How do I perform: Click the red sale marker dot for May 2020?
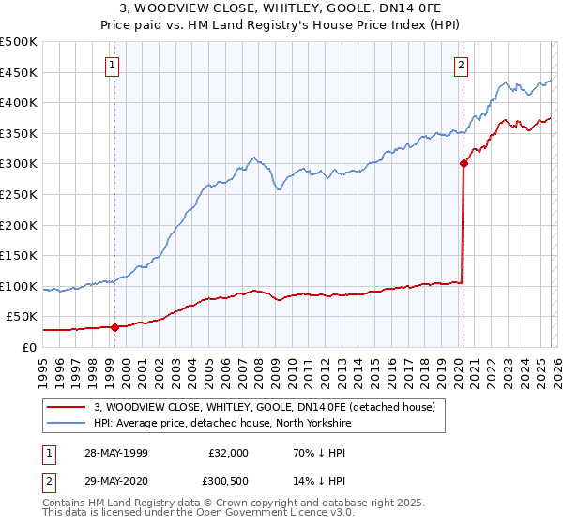(x=464, y=163)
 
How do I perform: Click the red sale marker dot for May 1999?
(x=114, y=327)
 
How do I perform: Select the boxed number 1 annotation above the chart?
(x=113, y=65)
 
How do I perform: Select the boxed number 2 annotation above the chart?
(x=462, y=65)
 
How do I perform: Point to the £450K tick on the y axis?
(x=19, y=72)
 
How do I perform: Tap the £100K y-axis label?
(x=19, y=286)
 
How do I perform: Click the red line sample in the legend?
(x=68, y=408)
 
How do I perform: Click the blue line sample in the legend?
(x=68, y=424)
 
